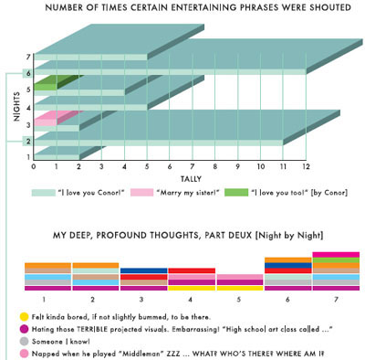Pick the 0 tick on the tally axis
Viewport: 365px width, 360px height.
pyautogui.click(x=34, y=168)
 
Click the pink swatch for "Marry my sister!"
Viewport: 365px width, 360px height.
pyautogui.click(x=140, y=194)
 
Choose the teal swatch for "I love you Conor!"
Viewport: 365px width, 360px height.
pyautogui.click(x=43, y=194)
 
